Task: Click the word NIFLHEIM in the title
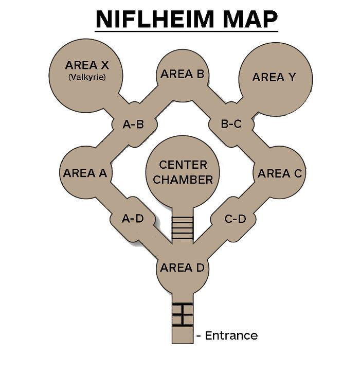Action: [x=155, y=20]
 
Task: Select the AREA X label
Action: [x=87, y=65]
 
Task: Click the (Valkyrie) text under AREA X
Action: [x=87, y=77]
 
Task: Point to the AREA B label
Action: [x=183, y=74]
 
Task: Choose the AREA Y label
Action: [x=274, y=77]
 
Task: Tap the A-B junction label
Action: [x=133, y=124]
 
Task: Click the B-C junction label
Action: [x=231, y=124]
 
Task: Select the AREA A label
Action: [x=85, y=173]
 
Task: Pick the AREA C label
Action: [x=280, y=173]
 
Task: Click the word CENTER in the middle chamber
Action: [x=183, y=165]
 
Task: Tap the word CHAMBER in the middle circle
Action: [x=183, y=180]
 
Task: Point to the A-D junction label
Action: [x=133, y=219]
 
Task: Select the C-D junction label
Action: [x=235, y=219]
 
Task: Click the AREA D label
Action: [x=182, y=268]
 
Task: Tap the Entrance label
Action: [x=231, y=335]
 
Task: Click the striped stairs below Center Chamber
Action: [x=183, y=228]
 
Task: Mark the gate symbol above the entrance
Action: [x=183, y=314]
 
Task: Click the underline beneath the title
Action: [x=186, y=31]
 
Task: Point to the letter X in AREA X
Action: [x=105, y=65]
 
